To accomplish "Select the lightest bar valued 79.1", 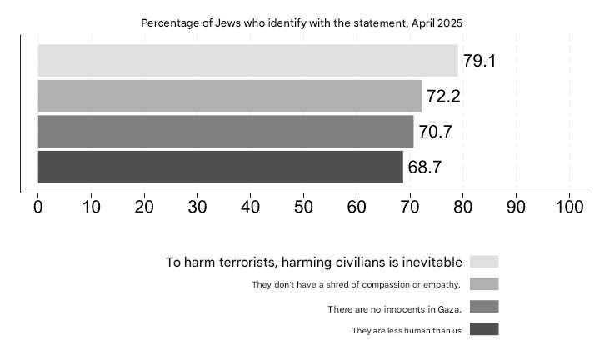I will [247, 61].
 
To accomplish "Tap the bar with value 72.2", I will [229, 96].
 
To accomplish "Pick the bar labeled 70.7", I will [225, 131].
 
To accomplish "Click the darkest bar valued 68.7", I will [220, 167].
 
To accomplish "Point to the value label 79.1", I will [478, 61].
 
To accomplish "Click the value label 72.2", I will [443, 96].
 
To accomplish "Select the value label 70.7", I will [435, 132].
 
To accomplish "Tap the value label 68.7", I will [425, 167].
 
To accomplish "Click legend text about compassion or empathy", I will [357, 285].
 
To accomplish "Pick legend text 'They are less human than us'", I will [406, 331].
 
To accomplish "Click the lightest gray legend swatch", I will [484, 262].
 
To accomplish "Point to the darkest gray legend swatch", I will [484, 329].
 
